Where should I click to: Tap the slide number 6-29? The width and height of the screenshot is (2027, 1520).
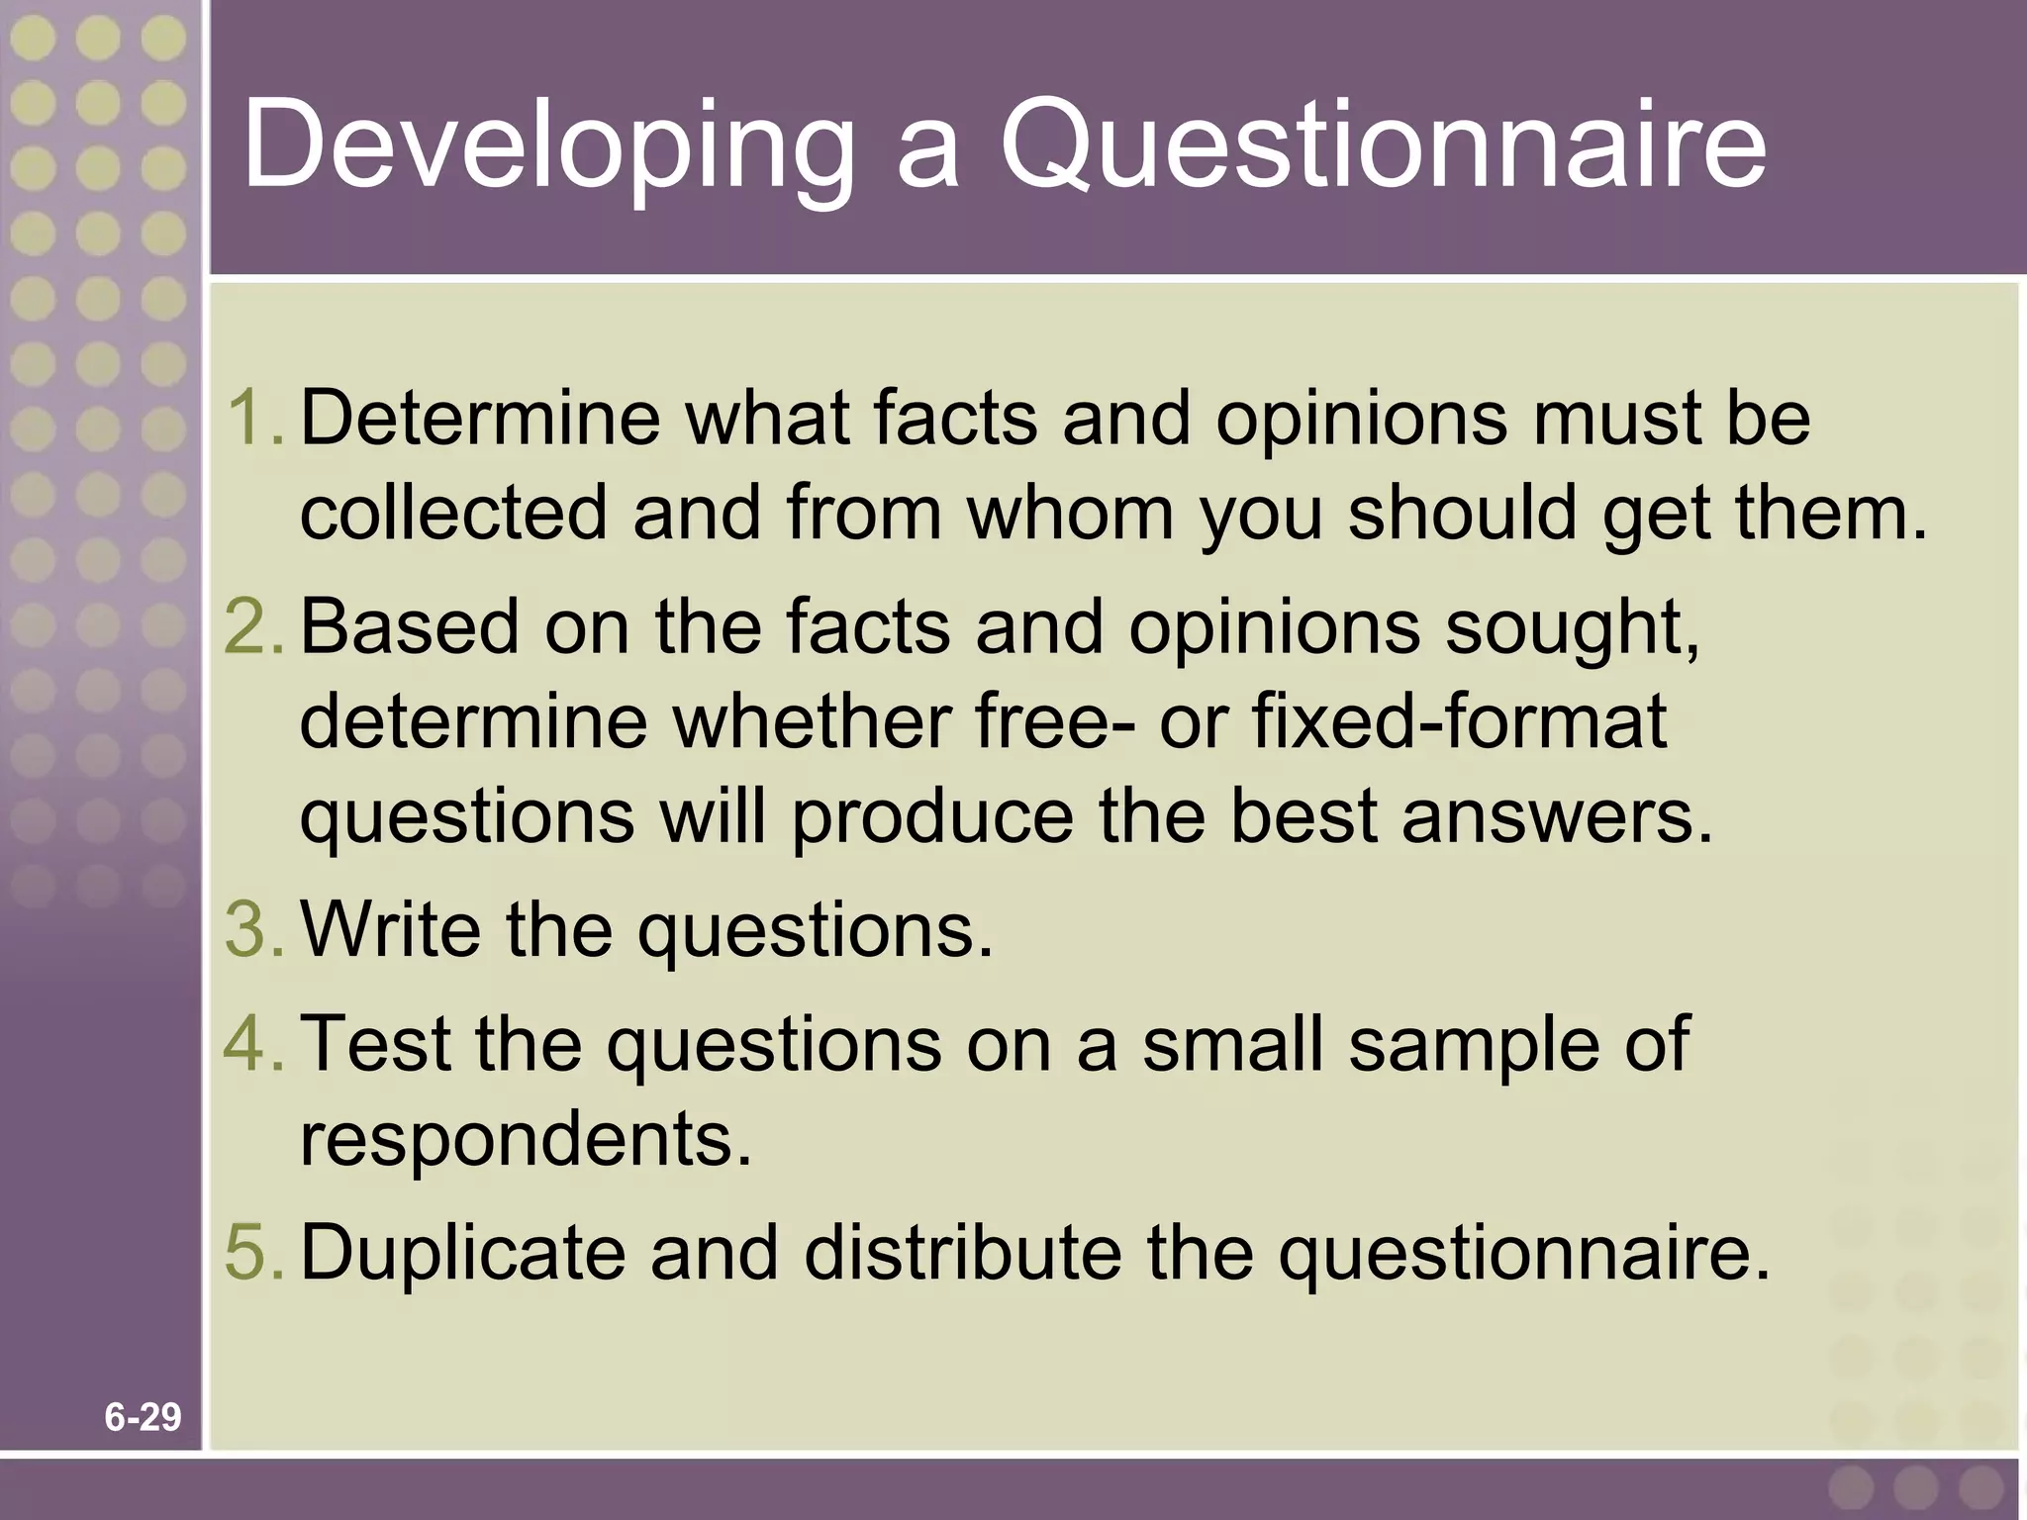pyautogui.click(x=144, y=1418)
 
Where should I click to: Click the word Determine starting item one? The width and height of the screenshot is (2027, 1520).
pyautogui.click(x=480, y=418)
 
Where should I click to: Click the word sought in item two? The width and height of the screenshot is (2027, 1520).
pyautogui.click(x=1571, y=628)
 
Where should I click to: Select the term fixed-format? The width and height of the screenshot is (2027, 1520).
pyautogui.click(x=1460, y=721)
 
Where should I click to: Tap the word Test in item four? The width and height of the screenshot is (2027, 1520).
pyautogui.click(x=376, y=1043)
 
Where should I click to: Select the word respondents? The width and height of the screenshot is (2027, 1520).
pyautogui.click(x=526, y=1139)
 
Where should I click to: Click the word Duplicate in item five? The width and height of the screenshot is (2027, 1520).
pyautogui.click(x=462, y=1252)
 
